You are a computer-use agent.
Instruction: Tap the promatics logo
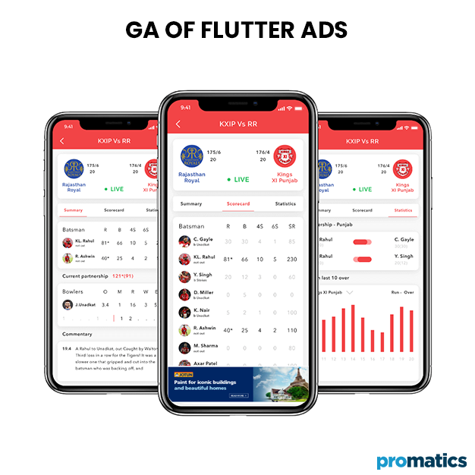point(421,461)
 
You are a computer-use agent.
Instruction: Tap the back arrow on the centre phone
point(178,124)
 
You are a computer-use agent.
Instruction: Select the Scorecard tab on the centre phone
point(238,203)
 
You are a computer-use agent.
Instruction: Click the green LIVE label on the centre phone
point(237,180)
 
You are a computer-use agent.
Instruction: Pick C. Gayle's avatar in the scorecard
point(184,241)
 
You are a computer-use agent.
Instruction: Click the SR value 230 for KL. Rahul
point(292,259)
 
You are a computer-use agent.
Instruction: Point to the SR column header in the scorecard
point(292,226)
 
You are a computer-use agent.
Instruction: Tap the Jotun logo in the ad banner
point(182,375)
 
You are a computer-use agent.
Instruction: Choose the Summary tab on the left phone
point(74,210)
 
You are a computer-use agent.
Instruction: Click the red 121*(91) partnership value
point(123,276)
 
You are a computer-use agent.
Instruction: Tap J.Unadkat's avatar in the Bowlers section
point(68,304)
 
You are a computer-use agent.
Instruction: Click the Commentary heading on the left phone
point(77,333)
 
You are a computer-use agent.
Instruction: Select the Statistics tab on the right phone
point(404,210)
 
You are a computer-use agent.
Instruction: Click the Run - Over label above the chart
point(402,291)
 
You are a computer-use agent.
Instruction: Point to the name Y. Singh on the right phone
point(404,256)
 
